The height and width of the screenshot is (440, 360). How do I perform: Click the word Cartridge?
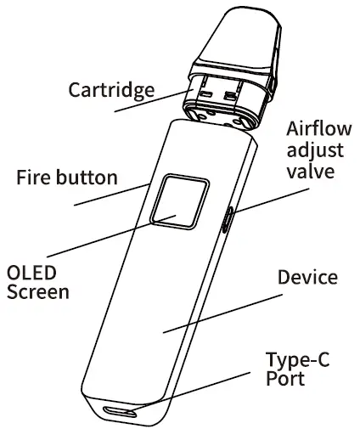(110, 89)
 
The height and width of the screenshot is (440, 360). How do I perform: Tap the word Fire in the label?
(34, 178)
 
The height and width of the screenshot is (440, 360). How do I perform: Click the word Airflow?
(317, 130)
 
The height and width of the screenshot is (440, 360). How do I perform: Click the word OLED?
(31, 274)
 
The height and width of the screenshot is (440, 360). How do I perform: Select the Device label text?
(307, 278)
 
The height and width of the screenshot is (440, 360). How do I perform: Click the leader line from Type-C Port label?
(212, 384)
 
